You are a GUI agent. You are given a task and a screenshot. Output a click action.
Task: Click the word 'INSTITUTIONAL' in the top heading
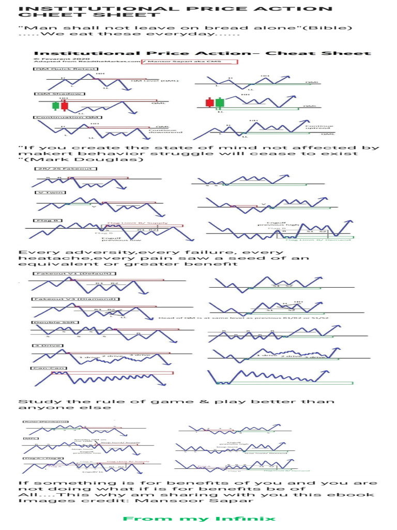pyautogui.click(x=77, y=9)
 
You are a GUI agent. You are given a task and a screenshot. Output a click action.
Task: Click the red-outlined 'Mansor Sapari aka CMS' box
pyautogui.click(x=189, y=62)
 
